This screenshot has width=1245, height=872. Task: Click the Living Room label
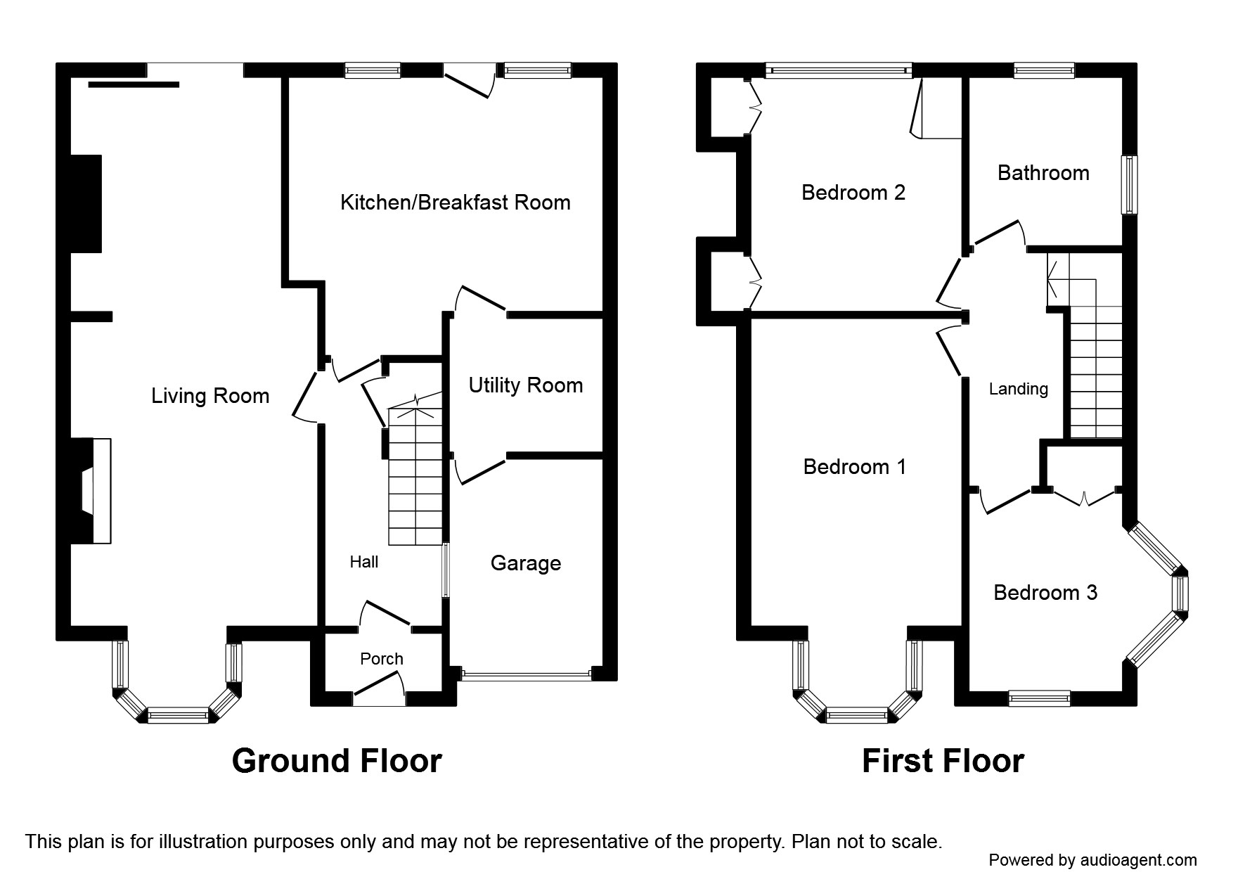point(210,396)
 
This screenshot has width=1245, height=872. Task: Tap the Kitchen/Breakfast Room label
point(455,203)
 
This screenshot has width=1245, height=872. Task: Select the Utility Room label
point(525,385)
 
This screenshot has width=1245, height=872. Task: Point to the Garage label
point(525,563)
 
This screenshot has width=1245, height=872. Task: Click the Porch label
point(381,659)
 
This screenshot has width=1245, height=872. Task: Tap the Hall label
point(363,562)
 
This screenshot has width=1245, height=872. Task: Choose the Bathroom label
point(1043,173)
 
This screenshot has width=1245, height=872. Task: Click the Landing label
point(1018,389)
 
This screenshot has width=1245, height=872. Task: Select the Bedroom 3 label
point(1045,593)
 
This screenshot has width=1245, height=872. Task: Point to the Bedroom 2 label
point(853,192)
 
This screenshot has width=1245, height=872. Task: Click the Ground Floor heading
point(337,761)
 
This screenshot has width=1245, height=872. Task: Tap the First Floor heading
point(943,761)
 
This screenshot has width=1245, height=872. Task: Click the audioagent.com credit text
point(1092,859)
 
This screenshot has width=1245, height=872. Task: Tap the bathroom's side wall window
point(1129,184)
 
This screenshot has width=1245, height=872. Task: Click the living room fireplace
point(94,491)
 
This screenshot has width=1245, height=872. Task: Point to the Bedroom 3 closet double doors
point(1083,497)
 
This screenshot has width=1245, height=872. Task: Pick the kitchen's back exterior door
point(470,81)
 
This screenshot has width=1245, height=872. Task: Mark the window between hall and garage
point(445,570)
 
